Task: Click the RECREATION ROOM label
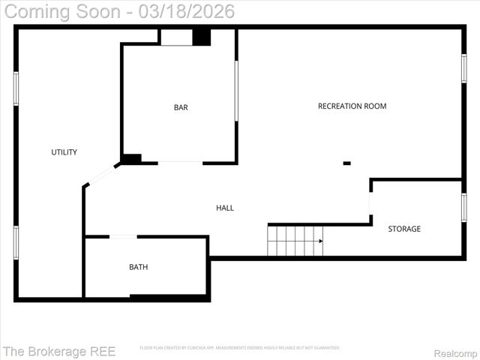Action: pyautogui.click(x=352, y=106)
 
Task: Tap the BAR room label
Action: pyautogui.click(x=181, y=107)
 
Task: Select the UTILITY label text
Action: pyautogui.click(x=64, y=152)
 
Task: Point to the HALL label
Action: pyautogui.click(x=225, y=208)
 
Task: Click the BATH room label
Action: pyautogui.click(x=139, y=267)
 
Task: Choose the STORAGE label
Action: pyautogui.click(x=404, y=229)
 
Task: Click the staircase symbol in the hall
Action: pyautogui.click(x=295, y=241)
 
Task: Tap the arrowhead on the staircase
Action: pyautogui.click(x=320, y=241)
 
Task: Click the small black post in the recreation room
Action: pyautogui.click(x=346, y=163)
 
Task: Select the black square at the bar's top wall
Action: pyautogui.click(x=201, y=37)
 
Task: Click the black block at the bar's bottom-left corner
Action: pyautogui.click(x=131, y=159)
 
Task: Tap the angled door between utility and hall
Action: pyautogui.click(x=100, y=175)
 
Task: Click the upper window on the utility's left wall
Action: pyautogui.click(x=16, y=88)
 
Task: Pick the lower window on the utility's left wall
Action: pyautogui.click(x=16, y=242)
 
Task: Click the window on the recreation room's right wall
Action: pyautogui.click(x=464, y=68)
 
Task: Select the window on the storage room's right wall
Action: pyautogui.click(x=464, y=207)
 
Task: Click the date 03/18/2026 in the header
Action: pyautogui.click(x=187, y=11)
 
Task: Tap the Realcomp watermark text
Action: pyautogui.click(x=456, y=352)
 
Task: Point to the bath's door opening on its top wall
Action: pyautogui.click(x=123, y=237)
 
